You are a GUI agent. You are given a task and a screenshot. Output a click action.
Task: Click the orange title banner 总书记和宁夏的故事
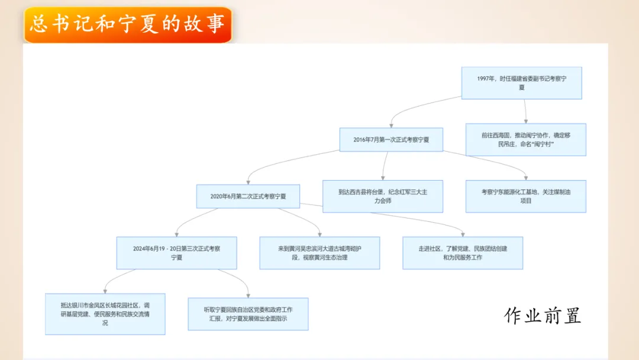127,25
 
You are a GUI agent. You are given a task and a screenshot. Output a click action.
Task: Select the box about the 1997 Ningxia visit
521,83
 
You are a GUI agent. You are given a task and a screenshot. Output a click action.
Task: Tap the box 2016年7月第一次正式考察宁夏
391,140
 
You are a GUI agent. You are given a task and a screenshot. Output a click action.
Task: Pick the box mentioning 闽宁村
525,140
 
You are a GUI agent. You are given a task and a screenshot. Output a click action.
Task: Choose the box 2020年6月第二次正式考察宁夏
248,197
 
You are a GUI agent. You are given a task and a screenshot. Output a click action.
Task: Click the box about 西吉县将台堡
383,196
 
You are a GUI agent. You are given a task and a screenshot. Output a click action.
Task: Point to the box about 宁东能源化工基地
525,196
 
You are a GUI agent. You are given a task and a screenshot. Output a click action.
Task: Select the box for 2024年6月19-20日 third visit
176,253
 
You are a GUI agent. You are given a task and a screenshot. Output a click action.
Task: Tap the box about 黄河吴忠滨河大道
319,253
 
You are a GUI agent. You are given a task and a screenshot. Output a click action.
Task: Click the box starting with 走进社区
463,253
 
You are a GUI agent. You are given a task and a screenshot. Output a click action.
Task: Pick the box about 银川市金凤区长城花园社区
105,314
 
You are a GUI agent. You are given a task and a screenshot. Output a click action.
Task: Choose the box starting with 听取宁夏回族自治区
248,314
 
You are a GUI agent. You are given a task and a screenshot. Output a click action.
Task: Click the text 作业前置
543,316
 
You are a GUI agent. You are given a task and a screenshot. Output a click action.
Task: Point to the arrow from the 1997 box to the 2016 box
414,107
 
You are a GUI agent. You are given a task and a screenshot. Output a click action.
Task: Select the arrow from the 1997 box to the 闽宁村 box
525,111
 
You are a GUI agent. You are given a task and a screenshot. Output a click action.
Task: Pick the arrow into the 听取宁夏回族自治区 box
237,281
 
